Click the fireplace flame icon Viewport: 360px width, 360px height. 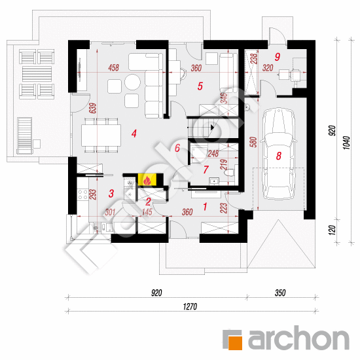(147, 180)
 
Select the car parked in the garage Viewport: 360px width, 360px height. (279, 154)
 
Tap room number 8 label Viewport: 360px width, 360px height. (278, 156)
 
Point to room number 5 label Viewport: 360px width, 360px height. (200, 86)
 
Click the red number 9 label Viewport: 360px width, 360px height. (278, 57)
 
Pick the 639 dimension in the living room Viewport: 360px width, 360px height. (93, 108)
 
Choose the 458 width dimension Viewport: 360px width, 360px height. (114, 67)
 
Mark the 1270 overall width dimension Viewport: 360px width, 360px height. (190, 306)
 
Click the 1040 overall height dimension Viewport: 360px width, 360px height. (347, 143)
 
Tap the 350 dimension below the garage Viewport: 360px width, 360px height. (280, 293)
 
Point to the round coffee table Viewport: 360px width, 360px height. (132, 82)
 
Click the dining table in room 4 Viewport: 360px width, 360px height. (101, 135)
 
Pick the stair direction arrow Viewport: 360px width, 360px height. (212, 127)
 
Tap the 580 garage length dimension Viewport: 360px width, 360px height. (253, 142)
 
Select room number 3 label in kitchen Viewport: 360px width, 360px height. (111, 193)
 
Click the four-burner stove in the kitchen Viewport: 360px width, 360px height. (82, 194)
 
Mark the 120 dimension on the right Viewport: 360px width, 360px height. (332, 230)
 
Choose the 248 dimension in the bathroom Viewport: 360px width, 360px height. (213, 154)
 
